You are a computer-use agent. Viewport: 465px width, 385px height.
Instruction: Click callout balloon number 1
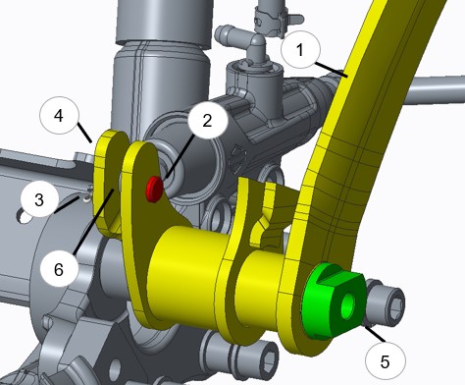click(301, 50)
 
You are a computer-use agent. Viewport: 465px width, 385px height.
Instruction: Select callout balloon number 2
click(207, 121)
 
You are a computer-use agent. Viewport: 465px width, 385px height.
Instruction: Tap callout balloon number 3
click(39, 199)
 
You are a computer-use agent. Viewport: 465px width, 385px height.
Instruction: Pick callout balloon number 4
click(59, 115)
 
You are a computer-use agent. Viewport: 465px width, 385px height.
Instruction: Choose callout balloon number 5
click(386, 361)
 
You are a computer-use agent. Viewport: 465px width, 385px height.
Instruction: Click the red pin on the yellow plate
click(154, 189)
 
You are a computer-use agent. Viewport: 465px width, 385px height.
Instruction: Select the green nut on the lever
click(334, 301)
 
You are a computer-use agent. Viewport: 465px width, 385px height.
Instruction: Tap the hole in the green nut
click(348, 305)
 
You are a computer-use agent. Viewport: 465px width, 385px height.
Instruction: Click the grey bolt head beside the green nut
click(385, 302)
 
